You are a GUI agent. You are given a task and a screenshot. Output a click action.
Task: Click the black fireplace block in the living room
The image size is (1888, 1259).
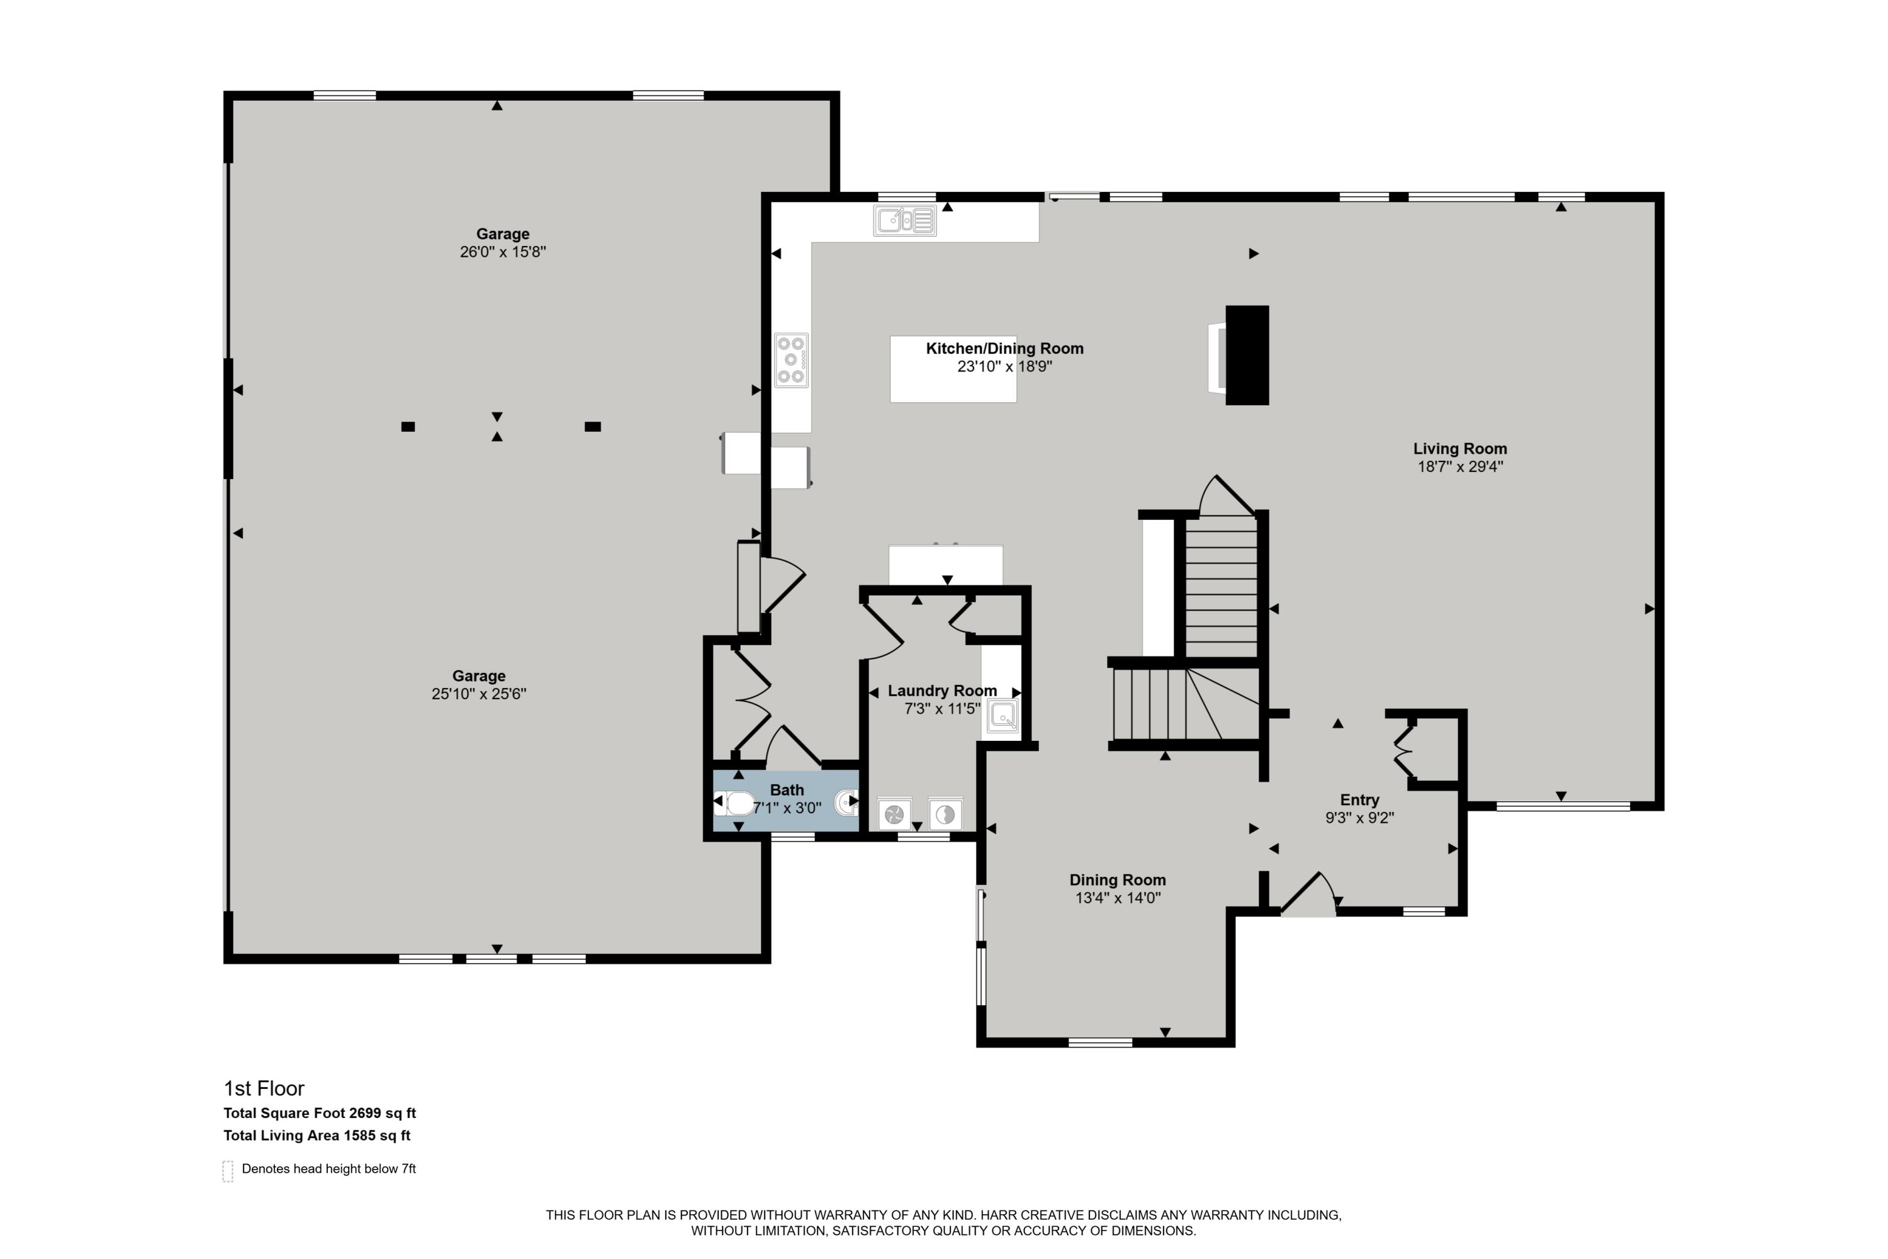point(1247,355)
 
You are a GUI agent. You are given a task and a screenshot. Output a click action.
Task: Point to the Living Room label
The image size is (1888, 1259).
point(1459,449)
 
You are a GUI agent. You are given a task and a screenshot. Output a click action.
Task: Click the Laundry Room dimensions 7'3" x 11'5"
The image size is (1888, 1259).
point(941,708)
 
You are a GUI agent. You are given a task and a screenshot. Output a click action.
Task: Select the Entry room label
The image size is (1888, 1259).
point(1359,799)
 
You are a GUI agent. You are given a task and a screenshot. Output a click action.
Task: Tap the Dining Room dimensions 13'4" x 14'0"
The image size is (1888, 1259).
point(1118,898)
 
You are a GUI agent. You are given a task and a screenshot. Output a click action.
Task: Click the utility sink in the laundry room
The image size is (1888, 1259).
point(1003,715)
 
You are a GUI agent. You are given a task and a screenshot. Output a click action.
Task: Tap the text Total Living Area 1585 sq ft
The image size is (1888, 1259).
point(317,1136)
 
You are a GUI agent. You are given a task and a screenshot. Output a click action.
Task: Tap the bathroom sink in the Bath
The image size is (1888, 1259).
point(845,802)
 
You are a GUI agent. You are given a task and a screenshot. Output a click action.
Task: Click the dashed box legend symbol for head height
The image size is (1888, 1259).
point(228,1171)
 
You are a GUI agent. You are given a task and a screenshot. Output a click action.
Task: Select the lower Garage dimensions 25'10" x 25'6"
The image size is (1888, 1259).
point(478,694)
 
